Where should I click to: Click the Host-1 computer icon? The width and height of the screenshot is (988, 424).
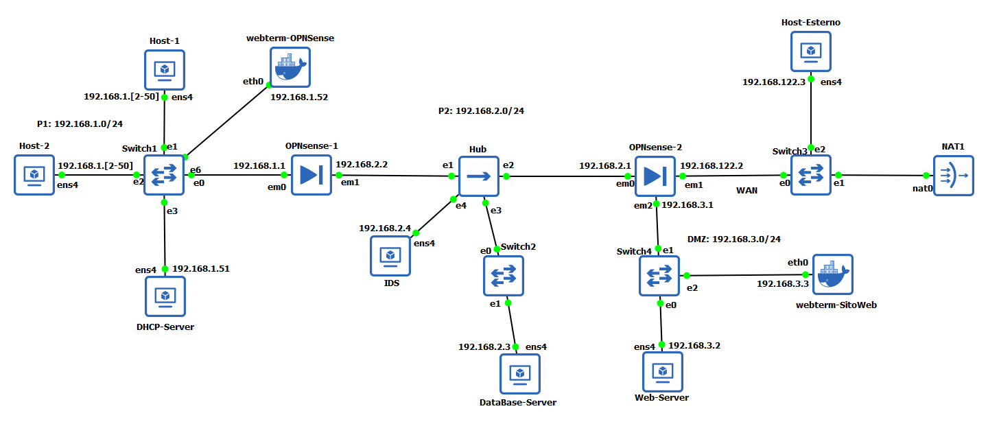[x=165, y=69]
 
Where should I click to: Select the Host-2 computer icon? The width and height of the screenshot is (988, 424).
[x=34, y=175]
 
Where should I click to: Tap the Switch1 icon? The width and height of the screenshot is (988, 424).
[x=164, y=175]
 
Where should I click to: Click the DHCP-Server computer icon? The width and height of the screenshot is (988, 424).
[x=165, y=296]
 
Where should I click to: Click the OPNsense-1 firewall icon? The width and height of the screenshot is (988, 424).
[x=311, y=175]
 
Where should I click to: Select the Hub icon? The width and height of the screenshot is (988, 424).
[x=478, y=176]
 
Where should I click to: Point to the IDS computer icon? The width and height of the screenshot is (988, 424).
[x=390, y=255]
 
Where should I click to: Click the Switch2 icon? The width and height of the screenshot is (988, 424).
[x=503, y=276]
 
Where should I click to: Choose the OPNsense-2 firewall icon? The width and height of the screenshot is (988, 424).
[x=655, y=176]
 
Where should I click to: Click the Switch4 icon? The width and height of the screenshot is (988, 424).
[x=659, y=276]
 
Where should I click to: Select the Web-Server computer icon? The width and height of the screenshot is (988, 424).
[x=662, y=371]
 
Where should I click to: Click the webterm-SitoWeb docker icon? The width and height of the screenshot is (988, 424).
[x=832, y=274]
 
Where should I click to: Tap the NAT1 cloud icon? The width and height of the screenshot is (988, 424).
[x=953, y=176]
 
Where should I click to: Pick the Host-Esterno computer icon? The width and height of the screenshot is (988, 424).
[x=810, y=51]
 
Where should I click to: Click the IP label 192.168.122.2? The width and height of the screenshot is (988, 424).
[x=711, y=165]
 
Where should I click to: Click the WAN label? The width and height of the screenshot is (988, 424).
[x=747, y=191]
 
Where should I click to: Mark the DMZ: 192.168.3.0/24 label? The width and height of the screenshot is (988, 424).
[x=733, y=239]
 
